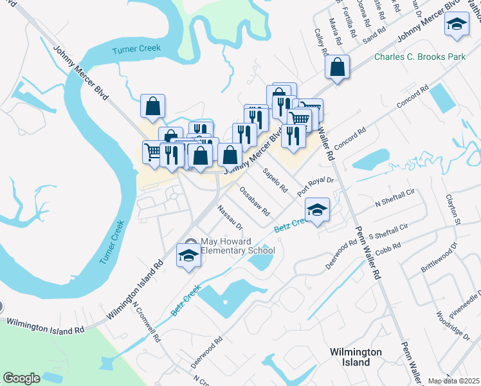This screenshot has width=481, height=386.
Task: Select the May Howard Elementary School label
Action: tap(237, 246)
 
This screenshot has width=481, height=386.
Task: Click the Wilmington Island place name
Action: tap(356, 357)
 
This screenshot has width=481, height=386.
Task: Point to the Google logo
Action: tap(21, 378)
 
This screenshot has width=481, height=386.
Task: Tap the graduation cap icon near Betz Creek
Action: tap(317, 210)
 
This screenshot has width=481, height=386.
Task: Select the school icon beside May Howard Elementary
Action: tap(188, 255)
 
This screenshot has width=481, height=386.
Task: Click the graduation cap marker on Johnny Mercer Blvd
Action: tap(457, 25)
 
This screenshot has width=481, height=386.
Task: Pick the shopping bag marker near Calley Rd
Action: tap(337, 67)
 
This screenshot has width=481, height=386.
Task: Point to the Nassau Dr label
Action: tap(230, 217)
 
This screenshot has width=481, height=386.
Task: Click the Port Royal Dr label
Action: tap(316, 187)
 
